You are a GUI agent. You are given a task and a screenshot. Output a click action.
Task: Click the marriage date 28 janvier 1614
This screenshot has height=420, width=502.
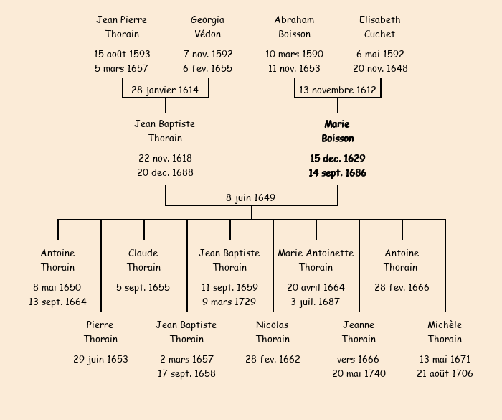165,90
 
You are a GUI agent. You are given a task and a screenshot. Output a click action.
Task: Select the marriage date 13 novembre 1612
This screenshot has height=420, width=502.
337,90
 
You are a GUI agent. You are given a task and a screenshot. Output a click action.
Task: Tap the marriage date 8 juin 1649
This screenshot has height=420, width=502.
251,197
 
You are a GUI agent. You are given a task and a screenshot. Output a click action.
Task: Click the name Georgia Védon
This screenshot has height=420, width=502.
207,27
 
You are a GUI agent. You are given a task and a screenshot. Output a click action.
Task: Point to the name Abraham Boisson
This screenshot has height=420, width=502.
294,27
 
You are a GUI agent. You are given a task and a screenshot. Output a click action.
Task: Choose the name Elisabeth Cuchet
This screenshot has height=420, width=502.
379,27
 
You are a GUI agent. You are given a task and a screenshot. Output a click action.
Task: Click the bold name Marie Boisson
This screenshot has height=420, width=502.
337,131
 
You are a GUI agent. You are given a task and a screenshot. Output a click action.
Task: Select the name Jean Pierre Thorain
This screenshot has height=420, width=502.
122,27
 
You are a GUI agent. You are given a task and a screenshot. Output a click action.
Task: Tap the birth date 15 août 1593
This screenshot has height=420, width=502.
122,54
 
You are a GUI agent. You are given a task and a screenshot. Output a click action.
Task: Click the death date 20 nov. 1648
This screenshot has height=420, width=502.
380,68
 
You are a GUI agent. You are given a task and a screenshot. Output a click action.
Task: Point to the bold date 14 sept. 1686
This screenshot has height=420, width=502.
337,173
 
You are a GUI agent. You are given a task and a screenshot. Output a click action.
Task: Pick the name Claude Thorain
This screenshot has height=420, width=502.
143,260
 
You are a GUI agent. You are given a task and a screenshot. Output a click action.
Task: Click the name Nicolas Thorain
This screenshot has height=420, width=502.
273,332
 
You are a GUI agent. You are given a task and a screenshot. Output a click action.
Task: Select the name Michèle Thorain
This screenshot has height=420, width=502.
445,332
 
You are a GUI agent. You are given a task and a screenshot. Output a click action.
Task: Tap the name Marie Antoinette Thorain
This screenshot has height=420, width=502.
316,260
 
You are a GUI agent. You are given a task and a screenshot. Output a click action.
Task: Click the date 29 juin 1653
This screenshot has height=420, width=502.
100,359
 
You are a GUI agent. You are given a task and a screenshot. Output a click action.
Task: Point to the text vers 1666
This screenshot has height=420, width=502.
359,359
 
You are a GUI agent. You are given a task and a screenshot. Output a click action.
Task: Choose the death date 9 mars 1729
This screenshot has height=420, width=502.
229,302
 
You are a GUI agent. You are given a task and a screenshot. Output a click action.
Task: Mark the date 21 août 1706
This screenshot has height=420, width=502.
445,373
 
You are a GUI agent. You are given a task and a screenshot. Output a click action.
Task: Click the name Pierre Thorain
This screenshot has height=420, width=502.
100,332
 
